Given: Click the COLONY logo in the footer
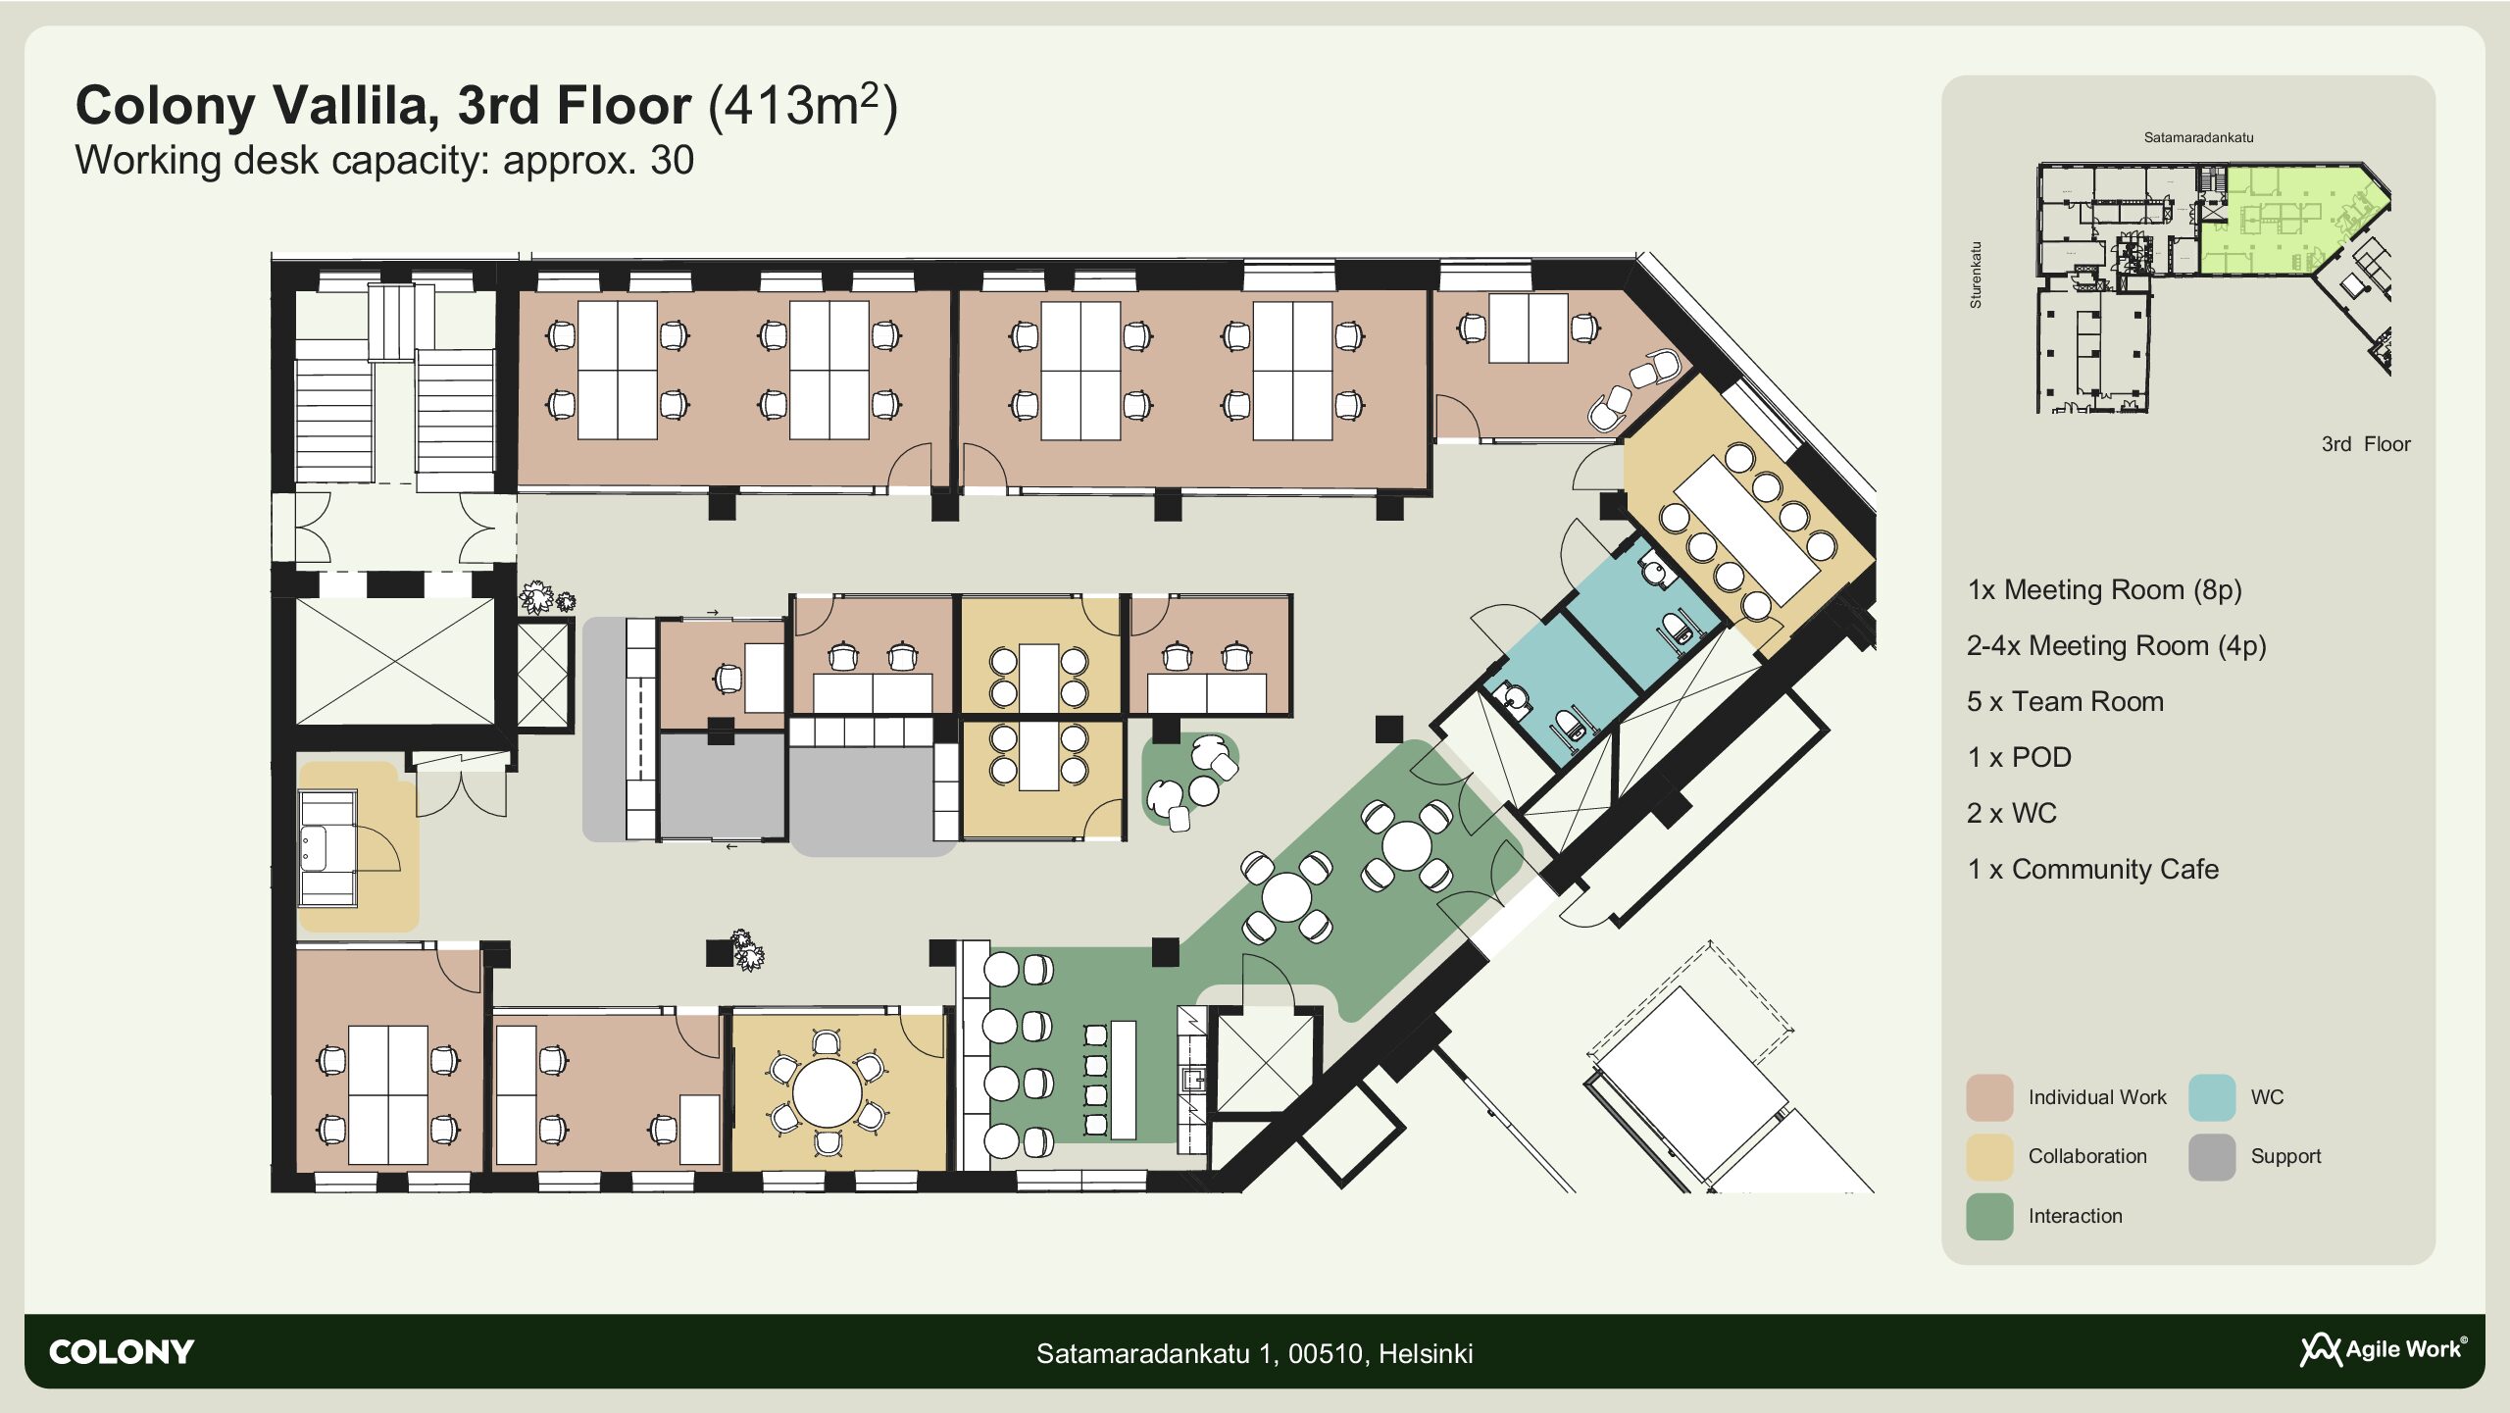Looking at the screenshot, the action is [122, 1352].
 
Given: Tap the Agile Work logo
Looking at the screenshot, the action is [2384, 1350].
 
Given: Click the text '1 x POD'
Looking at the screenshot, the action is [2019, 757].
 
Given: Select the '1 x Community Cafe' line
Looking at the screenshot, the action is [2092, 869].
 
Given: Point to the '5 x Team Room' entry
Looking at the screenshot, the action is [2065, 701].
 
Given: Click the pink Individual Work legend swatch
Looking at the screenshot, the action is [1989, 1097].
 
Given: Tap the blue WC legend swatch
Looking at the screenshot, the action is [2212, 1097].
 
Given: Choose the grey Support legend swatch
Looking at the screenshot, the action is [2212, 1157].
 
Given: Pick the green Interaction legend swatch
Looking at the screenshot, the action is [1989, 1216].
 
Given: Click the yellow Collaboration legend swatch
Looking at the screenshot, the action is [1989, 1157].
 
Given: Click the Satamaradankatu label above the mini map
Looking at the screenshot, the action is [2198, 137].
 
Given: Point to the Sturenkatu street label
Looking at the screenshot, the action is [1976, 276].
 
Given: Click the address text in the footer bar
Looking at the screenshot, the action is [1255, 1353].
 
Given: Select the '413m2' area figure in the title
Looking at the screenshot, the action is [803, 105].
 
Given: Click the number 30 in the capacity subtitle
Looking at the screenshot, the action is [672, 160].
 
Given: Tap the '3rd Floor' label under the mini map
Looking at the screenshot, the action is [2366, 444].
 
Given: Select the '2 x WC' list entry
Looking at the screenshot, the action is [2012, 813].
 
